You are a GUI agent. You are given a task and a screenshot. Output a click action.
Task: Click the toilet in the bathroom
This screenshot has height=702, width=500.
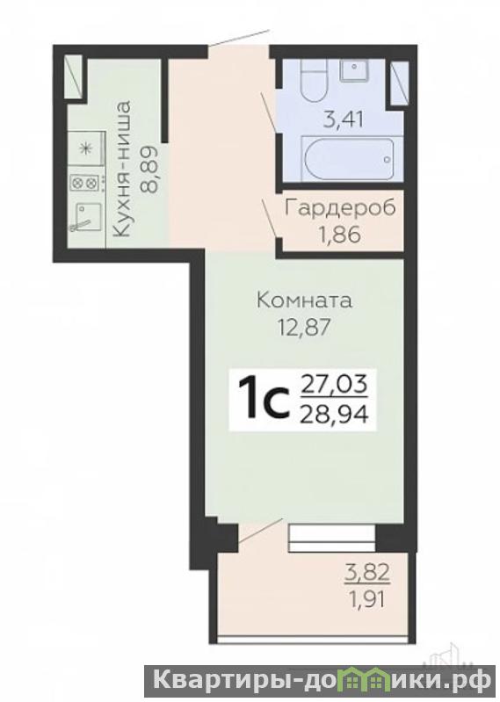(x=314, y=81)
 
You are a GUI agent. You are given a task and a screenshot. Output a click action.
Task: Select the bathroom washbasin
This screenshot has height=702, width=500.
(x=354, y=69)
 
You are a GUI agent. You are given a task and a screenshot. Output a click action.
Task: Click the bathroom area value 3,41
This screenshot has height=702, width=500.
(x=344, y=120)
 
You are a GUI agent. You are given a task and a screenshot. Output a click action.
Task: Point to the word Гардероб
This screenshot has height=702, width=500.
(x=341, y=208)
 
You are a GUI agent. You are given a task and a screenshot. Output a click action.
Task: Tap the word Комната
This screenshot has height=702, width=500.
(x=304, y=300)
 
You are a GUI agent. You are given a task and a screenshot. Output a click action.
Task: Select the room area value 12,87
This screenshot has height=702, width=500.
(x=304, y=327)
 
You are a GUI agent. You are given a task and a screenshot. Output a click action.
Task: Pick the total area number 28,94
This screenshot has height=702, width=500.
(x=335, y=416)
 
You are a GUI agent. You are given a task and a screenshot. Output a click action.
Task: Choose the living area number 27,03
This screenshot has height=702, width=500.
(x=335, y=386)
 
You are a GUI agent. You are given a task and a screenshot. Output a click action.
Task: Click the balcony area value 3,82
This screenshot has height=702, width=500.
(x=367, y=573)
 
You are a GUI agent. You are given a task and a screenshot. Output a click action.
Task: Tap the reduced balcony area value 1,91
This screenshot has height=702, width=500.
(x=367, y=599)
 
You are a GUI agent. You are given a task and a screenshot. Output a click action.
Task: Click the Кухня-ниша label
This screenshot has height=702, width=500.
(x=122, y=170)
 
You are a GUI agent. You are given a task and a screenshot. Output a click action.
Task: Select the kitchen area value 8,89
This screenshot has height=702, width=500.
(x=149, y=169)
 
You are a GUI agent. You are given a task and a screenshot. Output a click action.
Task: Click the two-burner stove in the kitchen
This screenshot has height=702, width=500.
(x=83, y=182)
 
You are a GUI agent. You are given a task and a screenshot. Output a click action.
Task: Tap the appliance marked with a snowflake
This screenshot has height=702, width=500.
(x=85, y=149)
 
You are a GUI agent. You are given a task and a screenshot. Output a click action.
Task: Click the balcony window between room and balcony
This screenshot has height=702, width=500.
(x=331, y=538)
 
